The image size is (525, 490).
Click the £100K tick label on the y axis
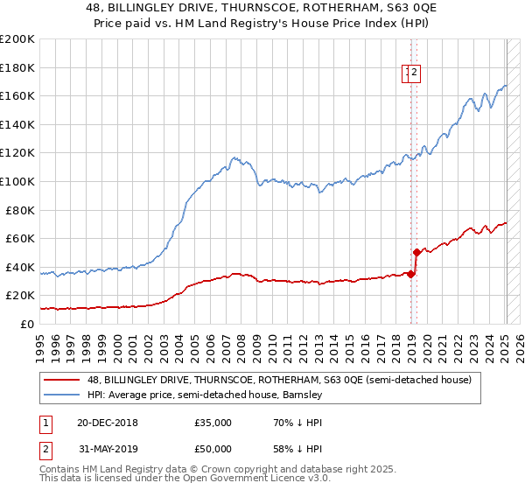[x=17, y=181]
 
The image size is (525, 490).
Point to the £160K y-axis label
[x=17, y=95]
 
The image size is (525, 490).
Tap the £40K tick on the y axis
[x=20, y=267]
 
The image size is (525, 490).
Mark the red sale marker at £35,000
[x=410, y=274]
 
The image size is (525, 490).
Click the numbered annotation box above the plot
[x=412, y=73]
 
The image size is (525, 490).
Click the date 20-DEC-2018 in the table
[x=101, y=423]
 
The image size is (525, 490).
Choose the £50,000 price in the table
[x=213, y=451]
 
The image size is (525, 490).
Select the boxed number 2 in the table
[x=45, y=451]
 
